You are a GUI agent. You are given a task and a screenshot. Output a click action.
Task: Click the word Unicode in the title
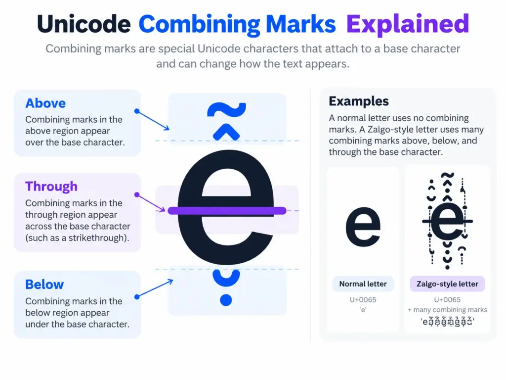84,24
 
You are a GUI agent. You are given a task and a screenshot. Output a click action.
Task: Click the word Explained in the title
408,24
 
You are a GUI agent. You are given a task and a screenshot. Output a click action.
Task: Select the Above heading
45,103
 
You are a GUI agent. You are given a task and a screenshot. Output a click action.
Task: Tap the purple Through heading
51,187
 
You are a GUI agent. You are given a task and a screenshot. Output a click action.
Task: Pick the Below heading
44,285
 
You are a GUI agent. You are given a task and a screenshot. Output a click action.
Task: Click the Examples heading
359,101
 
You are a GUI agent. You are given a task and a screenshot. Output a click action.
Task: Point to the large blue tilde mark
226,109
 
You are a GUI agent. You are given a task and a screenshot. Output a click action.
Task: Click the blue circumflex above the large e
226,133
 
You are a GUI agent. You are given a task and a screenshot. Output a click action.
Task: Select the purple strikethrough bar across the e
227,211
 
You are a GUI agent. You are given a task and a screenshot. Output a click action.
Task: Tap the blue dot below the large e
226,300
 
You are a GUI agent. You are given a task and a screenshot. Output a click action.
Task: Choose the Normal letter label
363,284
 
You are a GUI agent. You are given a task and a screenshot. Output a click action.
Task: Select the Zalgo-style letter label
447,284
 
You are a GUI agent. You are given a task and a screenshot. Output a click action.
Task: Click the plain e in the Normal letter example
363,227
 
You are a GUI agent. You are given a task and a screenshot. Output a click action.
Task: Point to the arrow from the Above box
153,120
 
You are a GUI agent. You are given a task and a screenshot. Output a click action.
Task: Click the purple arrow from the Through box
151,203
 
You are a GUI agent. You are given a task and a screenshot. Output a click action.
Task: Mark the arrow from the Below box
154,288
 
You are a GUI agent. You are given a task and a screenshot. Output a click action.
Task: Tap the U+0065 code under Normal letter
363,299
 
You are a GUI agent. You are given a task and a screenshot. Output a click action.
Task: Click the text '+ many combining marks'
447,310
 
